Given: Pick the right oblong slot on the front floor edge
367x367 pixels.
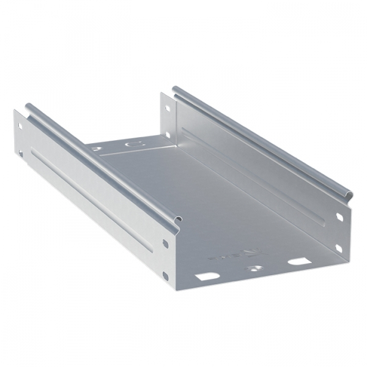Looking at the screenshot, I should click(297, 261).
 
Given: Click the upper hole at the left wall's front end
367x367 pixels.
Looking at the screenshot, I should click(165, 243).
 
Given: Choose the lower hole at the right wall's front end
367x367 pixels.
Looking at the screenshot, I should click(338, 247).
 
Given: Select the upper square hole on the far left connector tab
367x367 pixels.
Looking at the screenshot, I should click(20, 127).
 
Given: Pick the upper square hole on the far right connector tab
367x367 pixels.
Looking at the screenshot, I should click(167, 110).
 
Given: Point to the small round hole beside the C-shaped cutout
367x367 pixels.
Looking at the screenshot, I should click(96, 148).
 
